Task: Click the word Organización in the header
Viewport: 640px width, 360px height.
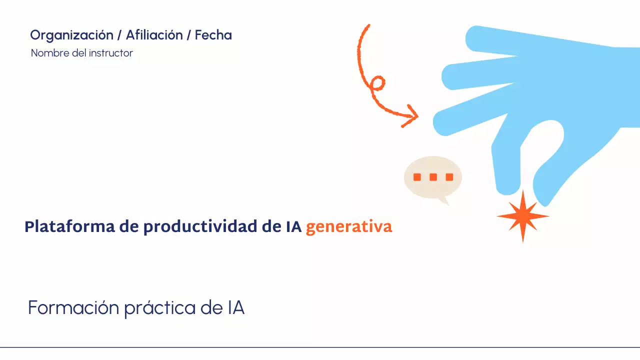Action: pos(71,35)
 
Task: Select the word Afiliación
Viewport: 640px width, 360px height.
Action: pos(154,35)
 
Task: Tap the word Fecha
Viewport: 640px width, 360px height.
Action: pos(213,35)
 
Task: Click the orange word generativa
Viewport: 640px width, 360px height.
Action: pos(349,227)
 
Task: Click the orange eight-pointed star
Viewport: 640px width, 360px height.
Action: pos(522,216)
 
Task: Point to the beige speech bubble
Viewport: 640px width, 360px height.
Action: pos(432,177)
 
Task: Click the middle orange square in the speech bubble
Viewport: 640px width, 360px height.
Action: pos(433,177)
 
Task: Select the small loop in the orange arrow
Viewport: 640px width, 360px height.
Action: pos(377,83)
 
